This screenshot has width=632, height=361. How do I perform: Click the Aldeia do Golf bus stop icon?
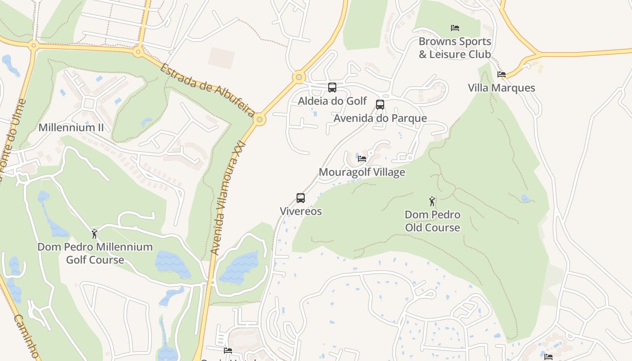(x=332, y=88)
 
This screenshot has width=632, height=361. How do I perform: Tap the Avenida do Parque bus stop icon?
(x=380, y=105)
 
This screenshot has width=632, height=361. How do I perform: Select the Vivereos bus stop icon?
(x=301, y=198)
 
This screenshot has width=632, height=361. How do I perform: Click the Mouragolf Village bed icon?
(x=362, y=158)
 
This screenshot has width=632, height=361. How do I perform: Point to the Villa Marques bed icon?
(x=502, y=74)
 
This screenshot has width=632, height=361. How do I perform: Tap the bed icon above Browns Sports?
(x=455, y=28)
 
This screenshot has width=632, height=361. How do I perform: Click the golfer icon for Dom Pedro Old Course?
(x=432, y=201)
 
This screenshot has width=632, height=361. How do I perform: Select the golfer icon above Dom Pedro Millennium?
(x=94, y=234)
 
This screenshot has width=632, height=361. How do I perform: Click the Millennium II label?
(x=71, y=127)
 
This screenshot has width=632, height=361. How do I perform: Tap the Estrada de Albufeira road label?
(x=208, y=90)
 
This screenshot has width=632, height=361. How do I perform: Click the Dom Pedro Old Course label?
(x=432, y=221)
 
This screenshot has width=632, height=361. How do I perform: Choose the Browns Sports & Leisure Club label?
(x=455, y=48)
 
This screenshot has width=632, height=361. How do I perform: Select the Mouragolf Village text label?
(x=362, y=172)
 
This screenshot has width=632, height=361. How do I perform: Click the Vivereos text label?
(x=301, y=211)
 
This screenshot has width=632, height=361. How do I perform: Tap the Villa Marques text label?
(x=501, y=88)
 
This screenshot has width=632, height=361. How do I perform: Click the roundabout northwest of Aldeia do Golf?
(x=298, y=77)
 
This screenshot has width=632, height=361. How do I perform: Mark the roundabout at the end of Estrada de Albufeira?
(x=259, y=120)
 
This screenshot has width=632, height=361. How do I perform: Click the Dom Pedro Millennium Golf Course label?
(x=95, y=253)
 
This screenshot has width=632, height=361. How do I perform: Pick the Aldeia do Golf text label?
(x=332, y=101)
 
